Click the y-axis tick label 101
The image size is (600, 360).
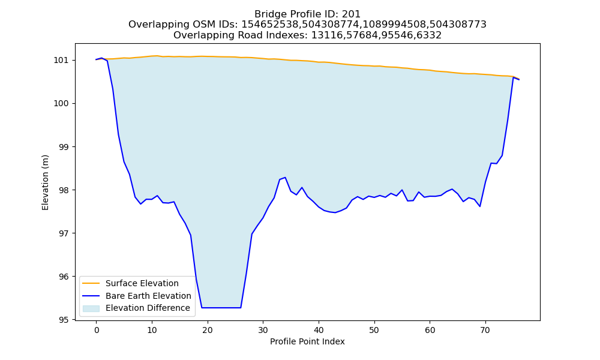(61, 61)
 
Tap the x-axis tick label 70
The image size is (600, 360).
(485, 330)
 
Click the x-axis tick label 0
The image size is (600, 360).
(97, 330)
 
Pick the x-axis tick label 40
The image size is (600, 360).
(319, 330)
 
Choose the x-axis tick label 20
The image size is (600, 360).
(208, 330)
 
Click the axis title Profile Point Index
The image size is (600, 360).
(307, 341)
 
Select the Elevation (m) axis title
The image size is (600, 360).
(45, 182)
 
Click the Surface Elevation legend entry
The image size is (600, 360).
(142, 283)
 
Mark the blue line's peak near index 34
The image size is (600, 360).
(285, 178)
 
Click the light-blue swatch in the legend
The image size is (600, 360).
(91, 308)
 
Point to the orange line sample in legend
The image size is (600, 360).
(91, 283)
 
